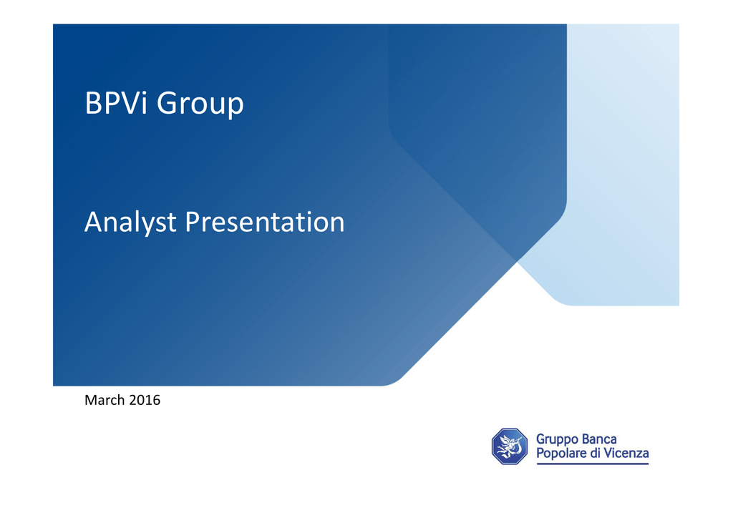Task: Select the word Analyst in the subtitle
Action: (130, 223)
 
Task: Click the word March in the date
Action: (105, 400)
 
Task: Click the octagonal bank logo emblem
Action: (510, 446)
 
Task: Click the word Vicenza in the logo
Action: (626, 453)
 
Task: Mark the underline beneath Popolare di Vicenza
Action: (593, 464)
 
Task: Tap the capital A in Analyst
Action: (94, 221)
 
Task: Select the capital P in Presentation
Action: (193, 221)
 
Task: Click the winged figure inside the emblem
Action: (509, 446)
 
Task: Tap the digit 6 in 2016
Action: (157, 400)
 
